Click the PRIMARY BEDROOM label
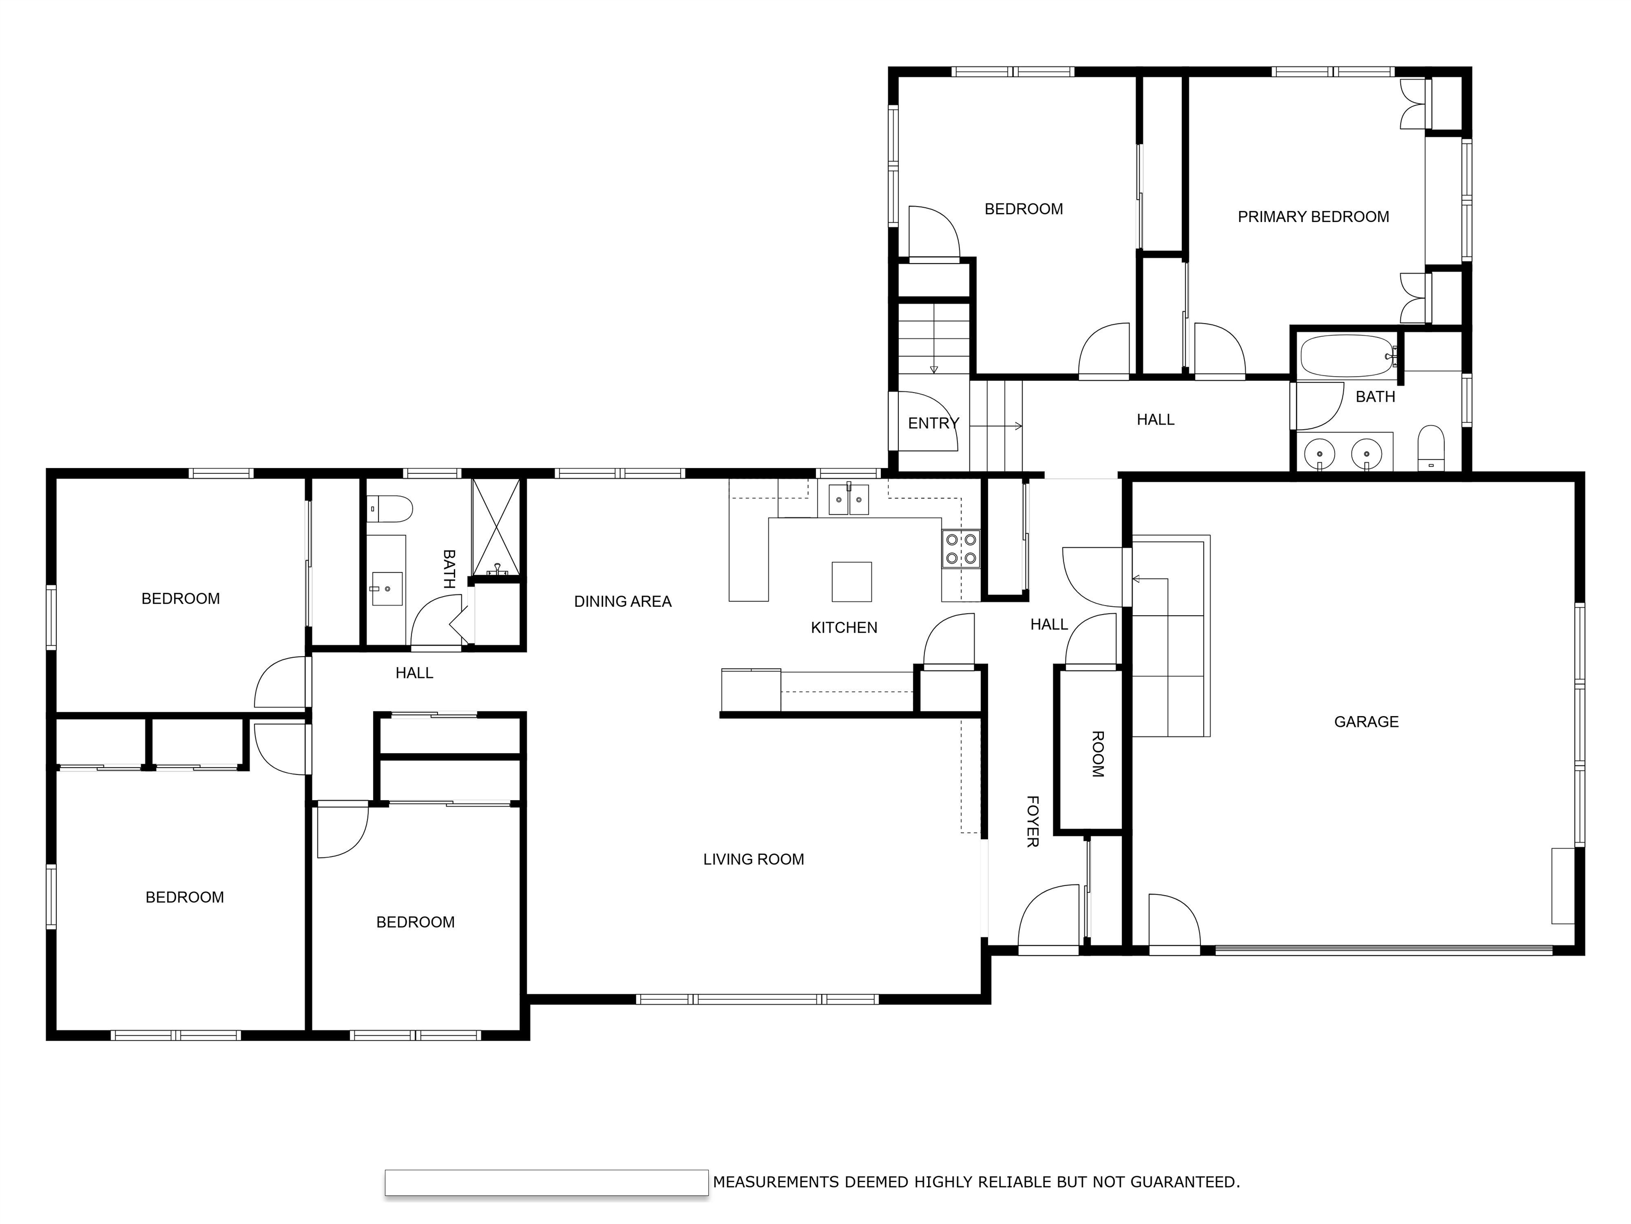pyautogui.click(x=1313, y=217)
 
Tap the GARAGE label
pyautogui.click(x=1366, y=721)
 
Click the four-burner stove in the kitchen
pyautogui.click(x=961, y=549)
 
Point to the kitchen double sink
pyautogui.click(x=848, y=499)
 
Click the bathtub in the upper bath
pyautogui.click(x=1348, y=356)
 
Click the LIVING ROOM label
pyautogui.click(x=753, y=859)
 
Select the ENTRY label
pyautogui.click(x=933, y=423)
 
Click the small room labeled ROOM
pyautogui.click(x=1096, y=753)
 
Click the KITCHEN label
pyautogui.click(x=844, y=627)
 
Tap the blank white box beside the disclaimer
pyautogui.click(x=546, y=1182)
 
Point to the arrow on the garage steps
pyautogui.click(x=1137, y=579)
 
